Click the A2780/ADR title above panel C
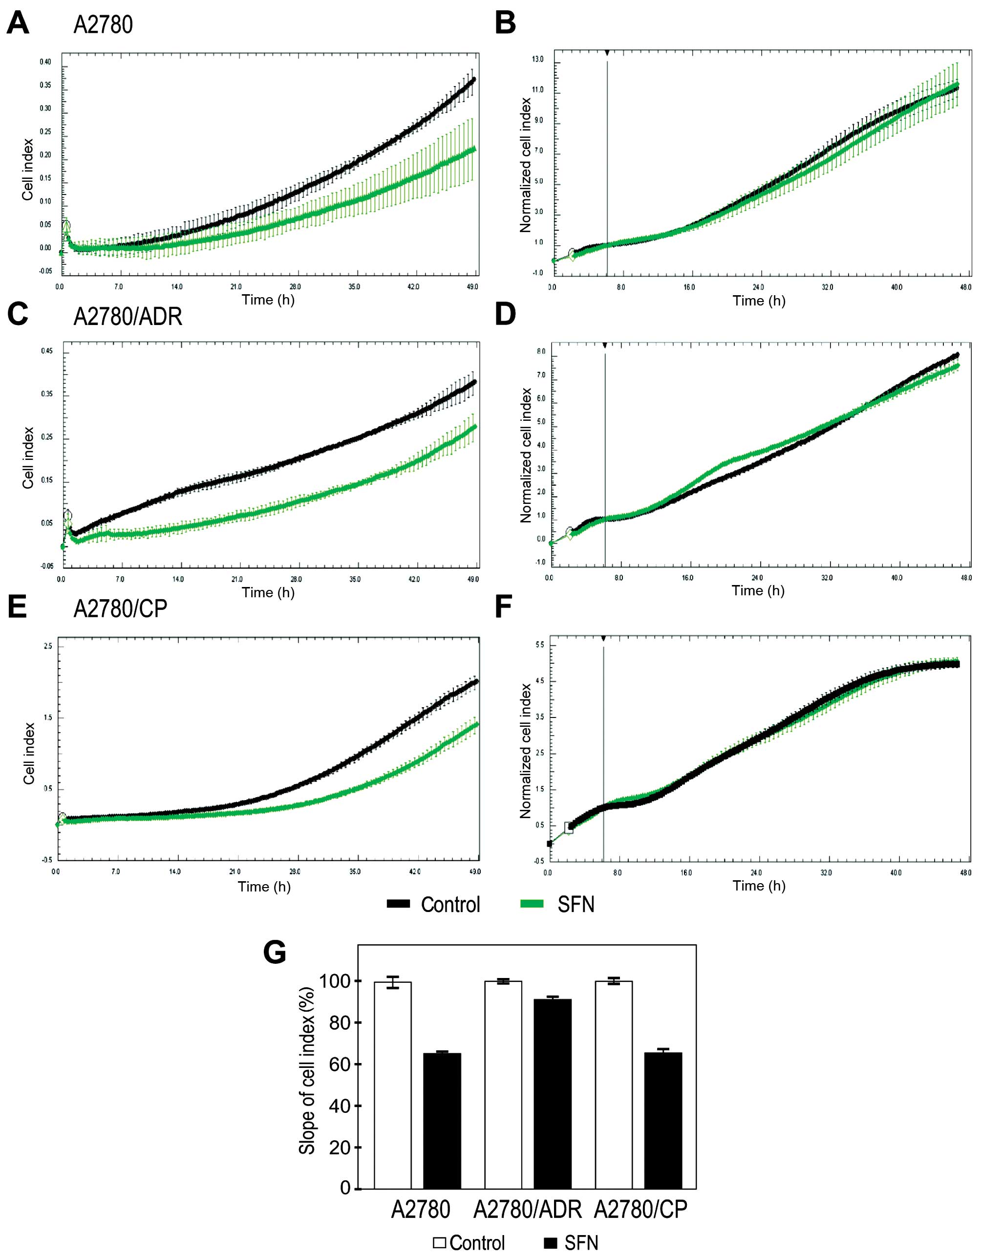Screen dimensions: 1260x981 pos(128,316)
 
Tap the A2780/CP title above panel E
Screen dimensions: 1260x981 pos(120,608)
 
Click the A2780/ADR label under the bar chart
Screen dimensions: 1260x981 pos(527,1210)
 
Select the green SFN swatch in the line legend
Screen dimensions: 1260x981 pos(532,904)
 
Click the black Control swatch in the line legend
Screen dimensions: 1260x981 pos(399,904)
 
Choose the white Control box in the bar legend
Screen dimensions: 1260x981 pos(440,1242)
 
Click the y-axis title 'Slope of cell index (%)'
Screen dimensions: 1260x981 pos(307,1070)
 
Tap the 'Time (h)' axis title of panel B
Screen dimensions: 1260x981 pos(759,301)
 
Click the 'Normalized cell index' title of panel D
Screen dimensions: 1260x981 pos(525,456)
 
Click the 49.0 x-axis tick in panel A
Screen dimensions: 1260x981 pos(472,287)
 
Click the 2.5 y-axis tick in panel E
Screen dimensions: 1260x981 pos(48,646)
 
